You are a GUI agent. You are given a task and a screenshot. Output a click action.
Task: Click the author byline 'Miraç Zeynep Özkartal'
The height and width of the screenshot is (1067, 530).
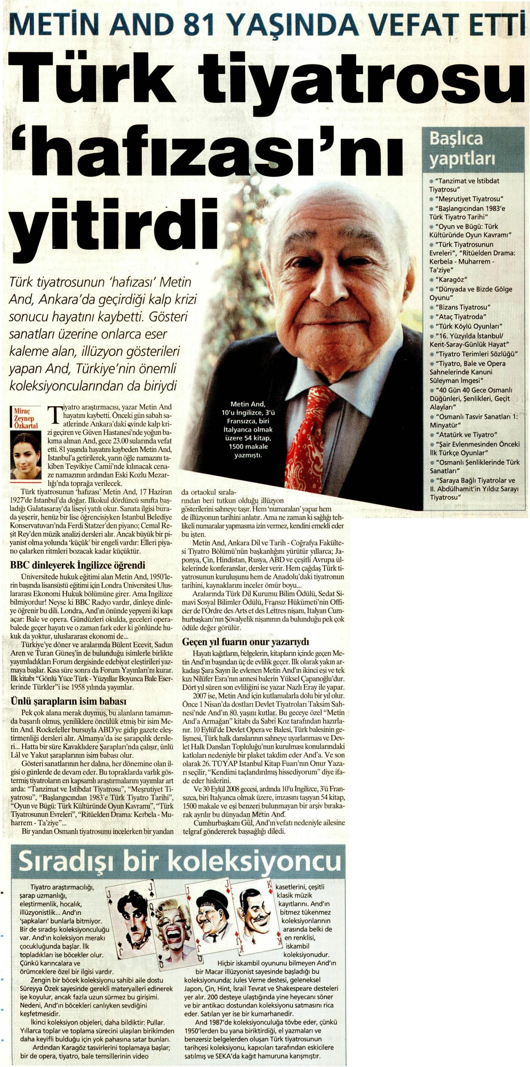pyautogui.click(x=26, y=419)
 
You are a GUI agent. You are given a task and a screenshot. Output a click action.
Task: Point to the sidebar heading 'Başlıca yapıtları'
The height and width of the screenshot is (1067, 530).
pyautogui.click(x=456, y=149)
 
